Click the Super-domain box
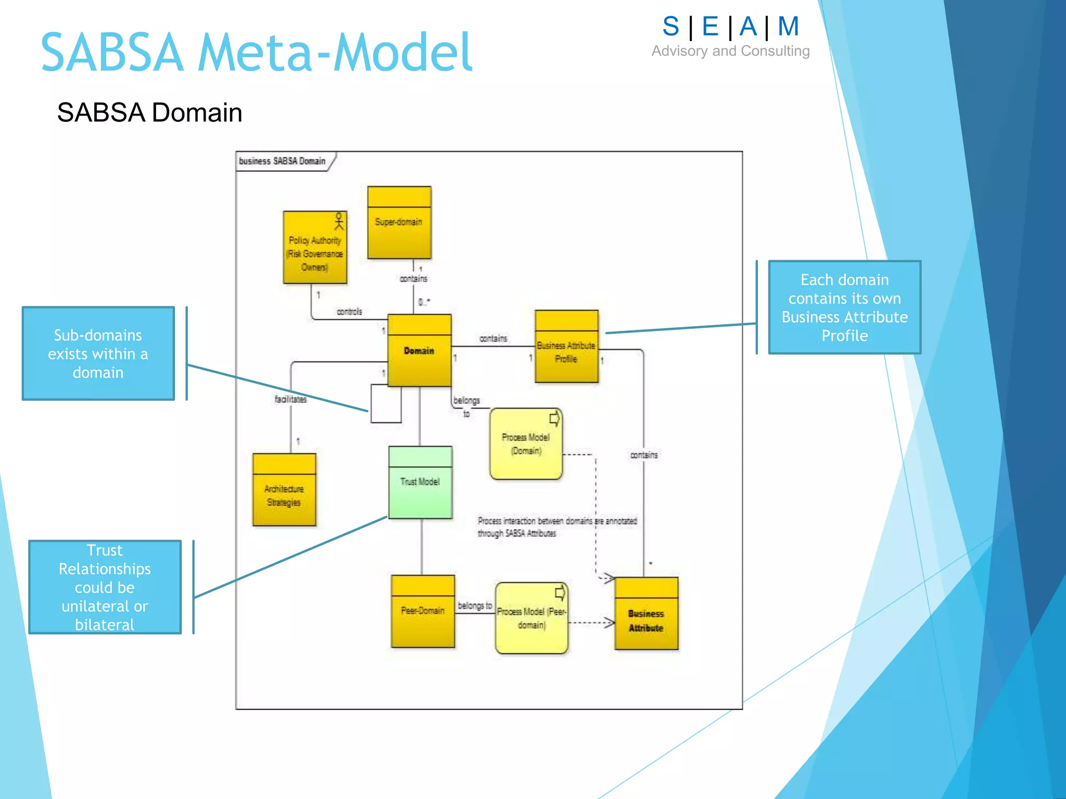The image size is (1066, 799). (399, 223)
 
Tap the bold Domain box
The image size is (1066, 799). (420, 351)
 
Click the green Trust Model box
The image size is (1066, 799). (420, 482)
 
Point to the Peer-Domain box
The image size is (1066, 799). (423, 611)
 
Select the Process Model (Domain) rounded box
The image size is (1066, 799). (526, 444)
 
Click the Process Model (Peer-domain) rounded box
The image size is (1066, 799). (531, 618)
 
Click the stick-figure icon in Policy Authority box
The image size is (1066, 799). (339, 221)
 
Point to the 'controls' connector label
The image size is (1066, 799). (349, 312)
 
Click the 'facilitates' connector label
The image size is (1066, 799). (290, 399)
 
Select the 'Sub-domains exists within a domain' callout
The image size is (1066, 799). (98, 354)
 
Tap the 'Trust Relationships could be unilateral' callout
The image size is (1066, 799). (105, 587)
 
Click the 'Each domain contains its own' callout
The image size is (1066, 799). (844, 307)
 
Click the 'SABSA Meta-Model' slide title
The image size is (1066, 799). (257, 53)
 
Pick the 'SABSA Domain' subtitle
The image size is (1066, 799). (149, 112)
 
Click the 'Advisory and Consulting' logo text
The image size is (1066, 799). (730, 51)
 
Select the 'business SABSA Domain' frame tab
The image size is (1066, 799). (283, 161)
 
